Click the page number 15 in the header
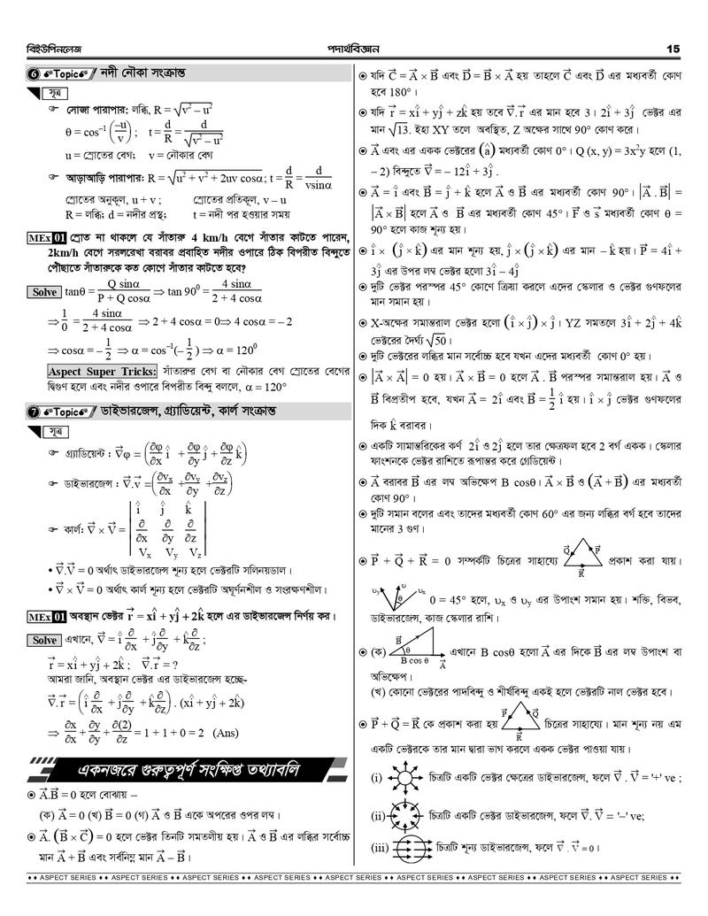pos(673,48)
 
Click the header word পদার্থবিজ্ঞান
pos(353,48)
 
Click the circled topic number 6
pos(32,71)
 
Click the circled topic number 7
pos(32,412)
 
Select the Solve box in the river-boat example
pos(44,292)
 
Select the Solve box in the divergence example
pos(44,640)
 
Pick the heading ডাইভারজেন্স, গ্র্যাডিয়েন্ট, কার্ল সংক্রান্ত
pos(203,412)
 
